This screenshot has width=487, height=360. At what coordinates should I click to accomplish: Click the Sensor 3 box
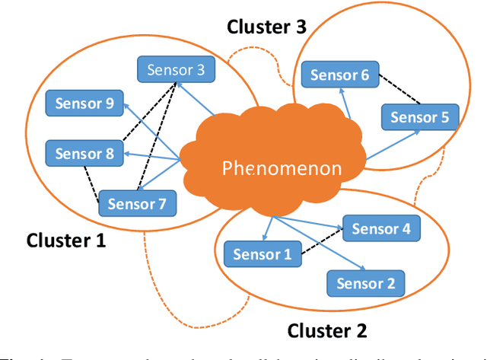click(x=176, y=70)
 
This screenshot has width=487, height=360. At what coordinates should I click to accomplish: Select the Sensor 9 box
click(x=84, y=104)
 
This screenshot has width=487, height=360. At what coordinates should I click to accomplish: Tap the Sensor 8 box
click(x=84, y=154)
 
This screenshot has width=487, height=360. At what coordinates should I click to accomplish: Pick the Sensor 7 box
click(x=137, y=203)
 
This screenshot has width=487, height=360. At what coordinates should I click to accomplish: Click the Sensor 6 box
click(x=340, y=75)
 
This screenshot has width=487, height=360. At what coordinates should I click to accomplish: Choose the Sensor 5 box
click(x=419, y=117)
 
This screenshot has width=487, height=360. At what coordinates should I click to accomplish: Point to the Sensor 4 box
click(x=380, y=228)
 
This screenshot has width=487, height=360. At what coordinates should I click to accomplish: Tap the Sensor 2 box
click(x=366, y=284)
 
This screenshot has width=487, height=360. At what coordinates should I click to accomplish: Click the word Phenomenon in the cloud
click(x=282, y=168)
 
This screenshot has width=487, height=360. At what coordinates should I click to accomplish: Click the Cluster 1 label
click(x=66, y=241)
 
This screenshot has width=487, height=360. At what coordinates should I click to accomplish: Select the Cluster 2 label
click(x=327, y=331)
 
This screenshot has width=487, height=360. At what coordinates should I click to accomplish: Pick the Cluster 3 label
click(x=267, y=27)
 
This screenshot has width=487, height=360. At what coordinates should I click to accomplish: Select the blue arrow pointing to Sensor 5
click(x=392, y=145)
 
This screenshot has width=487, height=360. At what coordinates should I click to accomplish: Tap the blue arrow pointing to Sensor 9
click(x=152, y=130)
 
